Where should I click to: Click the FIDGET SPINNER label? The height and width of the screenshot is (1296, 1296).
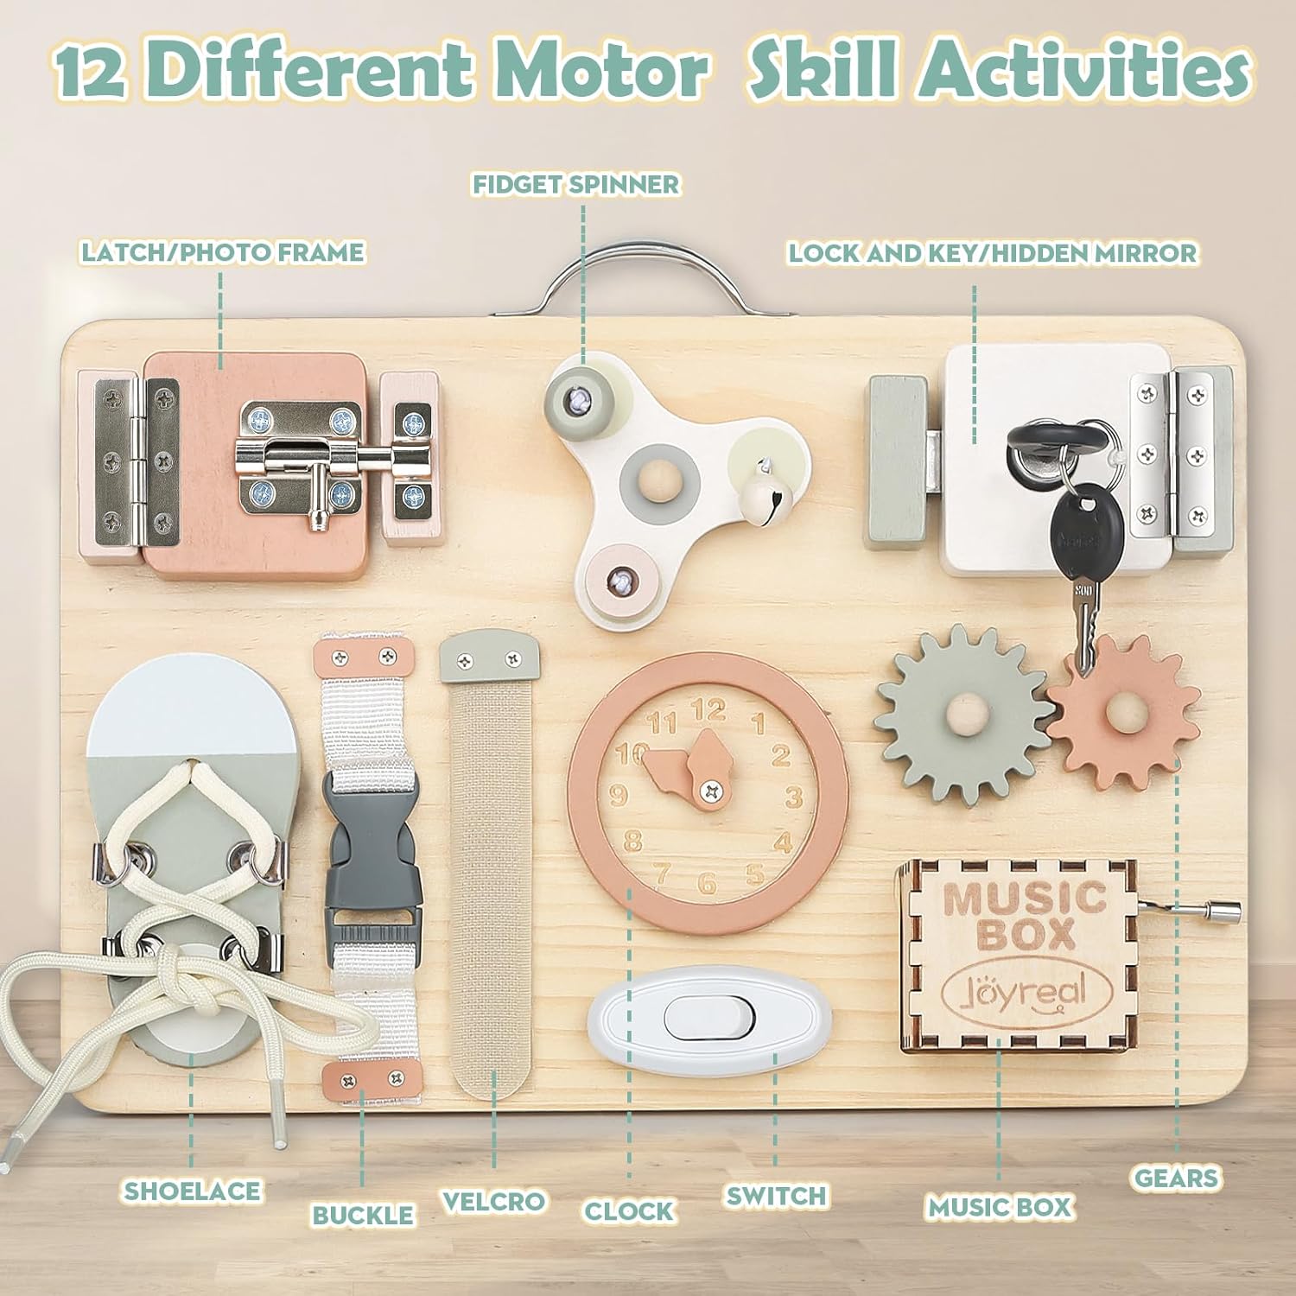pos(576,184)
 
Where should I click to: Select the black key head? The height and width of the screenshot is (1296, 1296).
pos(1075,531)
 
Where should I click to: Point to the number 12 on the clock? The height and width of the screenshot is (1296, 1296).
pos(708,712)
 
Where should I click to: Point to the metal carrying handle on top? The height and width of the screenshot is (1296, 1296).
pos(641,275)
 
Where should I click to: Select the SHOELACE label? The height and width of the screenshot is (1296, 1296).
pos(192,1191)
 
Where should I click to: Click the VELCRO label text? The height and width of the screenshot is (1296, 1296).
pos(493,1201)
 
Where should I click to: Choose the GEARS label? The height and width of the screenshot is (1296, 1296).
pos(1176,1178)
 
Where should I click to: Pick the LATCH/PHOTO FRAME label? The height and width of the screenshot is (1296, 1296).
pos(223,252)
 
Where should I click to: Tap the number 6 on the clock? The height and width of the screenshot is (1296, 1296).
pos(708,883)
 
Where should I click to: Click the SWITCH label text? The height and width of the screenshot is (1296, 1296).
pos(776,1196)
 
